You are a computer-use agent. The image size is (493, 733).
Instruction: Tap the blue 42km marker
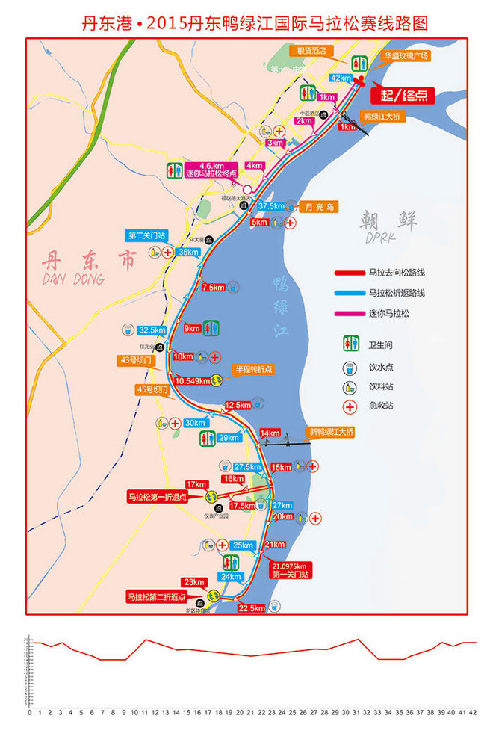[x=340, y=78]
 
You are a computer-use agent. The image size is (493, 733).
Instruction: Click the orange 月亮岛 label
[x=319, y=206]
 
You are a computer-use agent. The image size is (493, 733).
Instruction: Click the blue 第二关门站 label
[x=146, y=235]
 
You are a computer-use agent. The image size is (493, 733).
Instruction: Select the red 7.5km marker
[x=213, y=287]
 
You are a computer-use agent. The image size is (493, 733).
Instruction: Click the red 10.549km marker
[x=191, y=380]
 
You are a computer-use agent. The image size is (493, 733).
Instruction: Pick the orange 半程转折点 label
[x=254, y=369]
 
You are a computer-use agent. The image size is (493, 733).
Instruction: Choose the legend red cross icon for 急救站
[x=348, y=407]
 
